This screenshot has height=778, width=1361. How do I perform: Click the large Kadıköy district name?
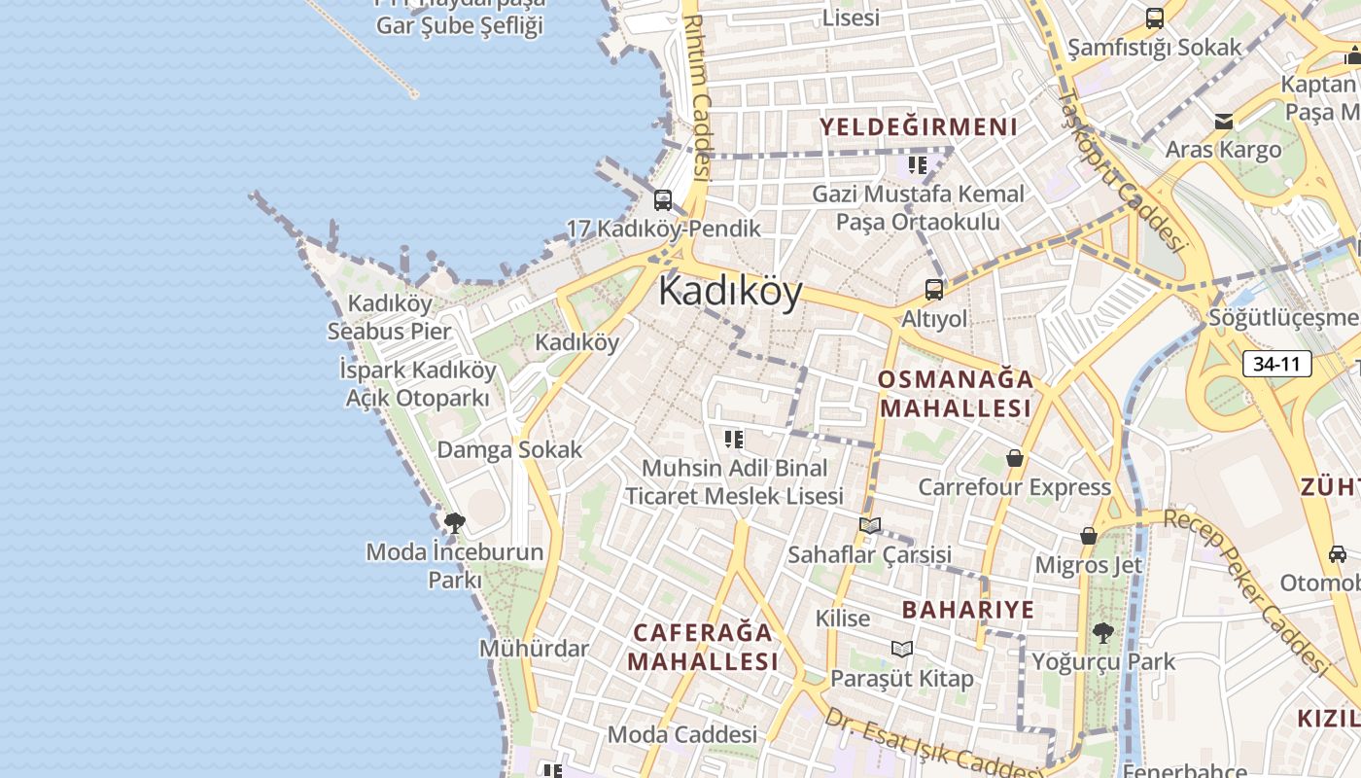[x=731, y=291]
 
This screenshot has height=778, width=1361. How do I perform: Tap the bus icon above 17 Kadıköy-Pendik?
[x=663, y=200]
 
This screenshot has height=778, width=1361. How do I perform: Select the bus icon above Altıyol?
[x=934, y=289]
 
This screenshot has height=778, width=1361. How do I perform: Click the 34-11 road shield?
[x=1276, y=365]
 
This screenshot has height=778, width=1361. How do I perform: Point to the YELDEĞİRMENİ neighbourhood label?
[x=918, y=127]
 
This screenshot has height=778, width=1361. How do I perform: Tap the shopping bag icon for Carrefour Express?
[x=1015, y=457]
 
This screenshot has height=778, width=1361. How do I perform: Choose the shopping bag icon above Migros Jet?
[x=1089, y=536]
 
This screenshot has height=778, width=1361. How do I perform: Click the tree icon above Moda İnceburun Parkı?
[x=454, y=523]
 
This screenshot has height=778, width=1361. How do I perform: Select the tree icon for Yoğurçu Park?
[x=1102, y=633]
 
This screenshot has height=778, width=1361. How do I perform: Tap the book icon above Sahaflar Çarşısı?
[x=870, y=525]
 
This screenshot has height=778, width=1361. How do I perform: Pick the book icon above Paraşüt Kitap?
[x=902, y=649]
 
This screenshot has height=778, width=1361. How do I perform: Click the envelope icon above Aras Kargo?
[x=1223, y=122]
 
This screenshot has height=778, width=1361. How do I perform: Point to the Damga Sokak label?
[x=509, y=449]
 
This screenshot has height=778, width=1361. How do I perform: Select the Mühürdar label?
[x=534, y=648]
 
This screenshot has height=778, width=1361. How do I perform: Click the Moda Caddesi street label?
[x=681, y=734]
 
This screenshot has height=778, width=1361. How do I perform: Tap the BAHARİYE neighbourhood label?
[x=968, y=610]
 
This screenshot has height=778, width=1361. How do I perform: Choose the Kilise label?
[x=843, y=618]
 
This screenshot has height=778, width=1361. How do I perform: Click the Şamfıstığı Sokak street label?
[x=1155, y=47]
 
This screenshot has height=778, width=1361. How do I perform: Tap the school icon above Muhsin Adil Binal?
[x=734, y=440]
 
